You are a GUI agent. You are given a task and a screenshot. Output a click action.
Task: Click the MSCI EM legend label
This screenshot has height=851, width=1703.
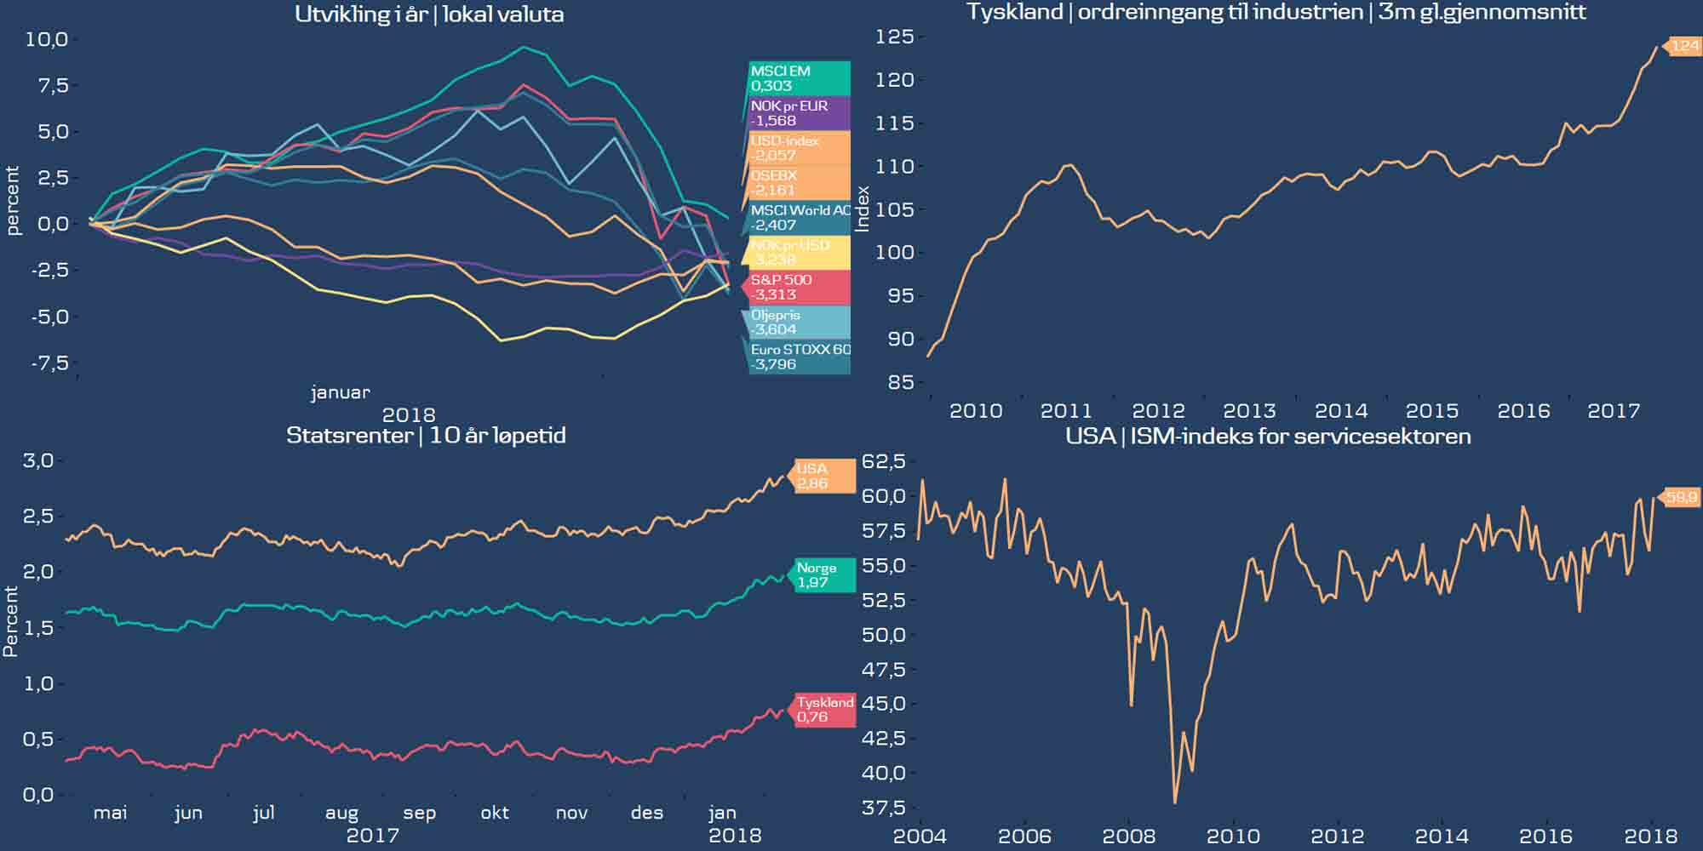coord(799,78)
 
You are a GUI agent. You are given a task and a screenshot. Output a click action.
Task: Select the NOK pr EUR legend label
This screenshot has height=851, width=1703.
coord(799,113)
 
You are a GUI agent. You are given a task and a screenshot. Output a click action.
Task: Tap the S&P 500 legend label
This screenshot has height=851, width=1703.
coord(799,288)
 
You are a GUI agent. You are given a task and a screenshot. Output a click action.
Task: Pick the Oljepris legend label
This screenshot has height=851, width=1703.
coord(797,323)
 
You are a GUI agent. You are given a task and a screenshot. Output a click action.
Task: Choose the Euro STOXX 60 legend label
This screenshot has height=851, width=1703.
coord(799,357)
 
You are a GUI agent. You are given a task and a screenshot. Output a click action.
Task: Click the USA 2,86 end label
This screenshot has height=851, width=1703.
coord(823,476)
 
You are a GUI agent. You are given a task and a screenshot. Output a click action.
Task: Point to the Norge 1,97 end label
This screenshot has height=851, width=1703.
coord(823,575)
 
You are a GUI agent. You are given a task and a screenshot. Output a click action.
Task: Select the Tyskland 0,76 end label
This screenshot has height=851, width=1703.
coord(823,710)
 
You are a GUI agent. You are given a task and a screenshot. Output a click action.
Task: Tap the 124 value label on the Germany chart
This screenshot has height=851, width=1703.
coord(1683,46)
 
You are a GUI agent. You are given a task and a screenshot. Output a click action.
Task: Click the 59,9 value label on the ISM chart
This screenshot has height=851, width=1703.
coord(1681,497)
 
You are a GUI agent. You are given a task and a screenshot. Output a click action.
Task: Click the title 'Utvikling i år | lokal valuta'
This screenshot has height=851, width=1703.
coord(429,14)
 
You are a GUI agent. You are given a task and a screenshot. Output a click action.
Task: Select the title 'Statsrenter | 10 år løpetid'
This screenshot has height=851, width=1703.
coord(426,436)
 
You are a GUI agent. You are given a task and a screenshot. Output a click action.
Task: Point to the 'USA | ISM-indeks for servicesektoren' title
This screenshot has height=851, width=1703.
coord(1268,437)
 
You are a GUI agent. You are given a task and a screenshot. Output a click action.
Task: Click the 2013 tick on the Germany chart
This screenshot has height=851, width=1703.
coord(1249,411)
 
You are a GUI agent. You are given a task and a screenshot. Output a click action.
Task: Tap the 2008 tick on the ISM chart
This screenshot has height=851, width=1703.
coord(1129,836)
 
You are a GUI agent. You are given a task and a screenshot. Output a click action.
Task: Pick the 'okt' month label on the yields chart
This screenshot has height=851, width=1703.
coord(495,813)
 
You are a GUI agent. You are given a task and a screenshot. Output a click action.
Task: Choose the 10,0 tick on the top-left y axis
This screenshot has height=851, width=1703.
coord(46,39)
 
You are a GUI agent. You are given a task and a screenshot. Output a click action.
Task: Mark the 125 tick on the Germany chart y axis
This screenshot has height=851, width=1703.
coord(894,37)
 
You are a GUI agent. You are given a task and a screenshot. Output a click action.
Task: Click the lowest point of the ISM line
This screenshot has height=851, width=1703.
coord(1175,802)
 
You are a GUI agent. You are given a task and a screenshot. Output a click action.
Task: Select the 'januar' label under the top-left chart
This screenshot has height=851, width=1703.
coord(340,392)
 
